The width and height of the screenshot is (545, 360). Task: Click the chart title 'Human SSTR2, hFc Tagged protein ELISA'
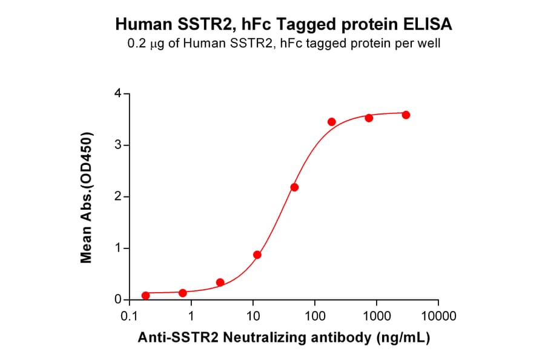(283, 25)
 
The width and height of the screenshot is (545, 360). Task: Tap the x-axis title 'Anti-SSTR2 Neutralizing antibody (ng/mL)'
(283, 338)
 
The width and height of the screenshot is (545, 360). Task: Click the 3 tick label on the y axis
(119, 145)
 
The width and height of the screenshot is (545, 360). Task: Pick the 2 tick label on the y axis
(119, 197)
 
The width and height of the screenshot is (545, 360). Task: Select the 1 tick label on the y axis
(119, 248)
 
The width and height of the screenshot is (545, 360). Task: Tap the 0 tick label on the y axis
(119, 300)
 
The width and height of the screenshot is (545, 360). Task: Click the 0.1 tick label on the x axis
(128, 316)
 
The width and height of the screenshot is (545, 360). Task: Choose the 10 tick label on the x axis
(253, 316)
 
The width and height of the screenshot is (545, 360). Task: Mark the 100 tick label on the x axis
(314, 316)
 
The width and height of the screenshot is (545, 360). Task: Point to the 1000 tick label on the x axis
(376, 316)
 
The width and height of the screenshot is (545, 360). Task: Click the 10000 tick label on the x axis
(438, 316)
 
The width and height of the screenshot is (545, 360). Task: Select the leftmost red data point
(145, 296)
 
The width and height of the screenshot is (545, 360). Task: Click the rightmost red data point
(406, 115)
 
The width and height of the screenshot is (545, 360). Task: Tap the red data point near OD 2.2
(294, 187)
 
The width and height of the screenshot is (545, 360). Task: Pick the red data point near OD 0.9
(257, 255)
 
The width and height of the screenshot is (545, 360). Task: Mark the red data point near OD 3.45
(332, 122)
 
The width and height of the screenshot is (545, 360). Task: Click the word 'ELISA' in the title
(429, 25)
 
